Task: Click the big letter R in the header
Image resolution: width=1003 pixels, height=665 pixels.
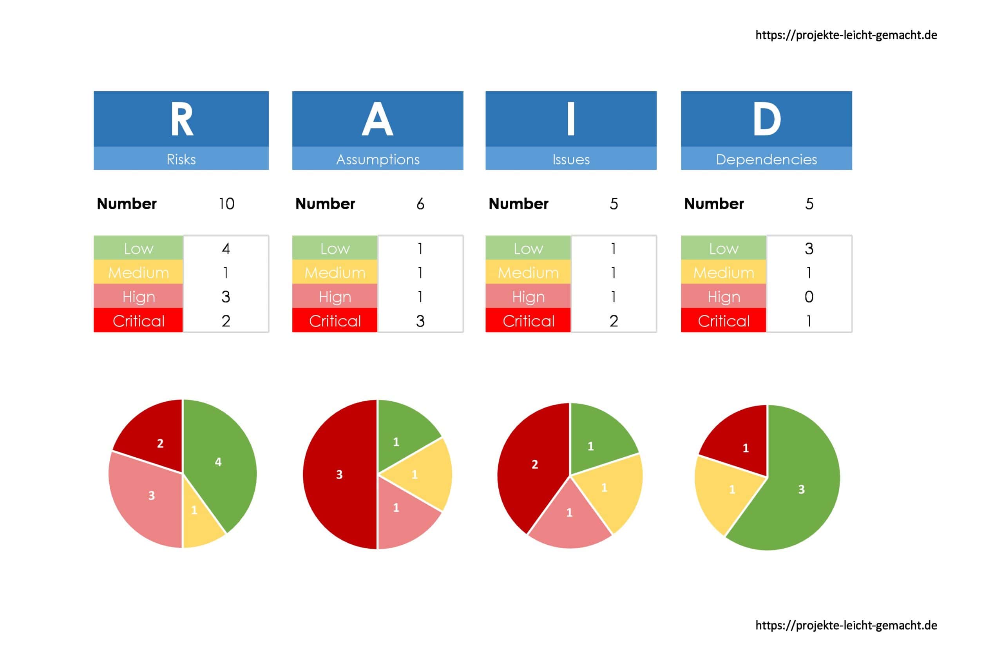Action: click(x=182, y=120)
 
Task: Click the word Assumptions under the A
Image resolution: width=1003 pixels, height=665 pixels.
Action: click(x=378, y=159)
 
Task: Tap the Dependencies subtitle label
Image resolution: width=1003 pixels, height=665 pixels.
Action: click(x=766, y=159)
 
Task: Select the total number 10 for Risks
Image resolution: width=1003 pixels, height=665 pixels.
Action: click(x=226, y=204)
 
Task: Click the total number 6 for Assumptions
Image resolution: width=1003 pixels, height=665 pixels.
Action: click(x=420, y=204)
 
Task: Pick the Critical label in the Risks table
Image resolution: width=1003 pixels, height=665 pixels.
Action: click(x=139, y=321)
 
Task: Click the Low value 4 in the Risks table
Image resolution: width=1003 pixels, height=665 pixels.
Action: click(x=226, y=248)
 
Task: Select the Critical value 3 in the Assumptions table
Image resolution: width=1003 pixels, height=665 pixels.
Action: click(x=420, y=321)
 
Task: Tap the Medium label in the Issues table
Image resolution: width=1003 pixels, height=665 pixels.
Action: click(x=528, y=273)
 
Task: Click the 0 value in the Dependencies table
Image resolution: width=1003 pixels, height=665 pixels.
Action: click(x=809, y=297)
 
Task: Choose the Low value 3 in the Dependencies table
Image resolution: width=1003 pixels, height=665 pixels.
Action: click(x=809, y=248)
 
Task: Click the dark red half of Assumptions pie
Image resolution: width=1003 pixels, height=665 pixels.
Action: click(x=339, y=474)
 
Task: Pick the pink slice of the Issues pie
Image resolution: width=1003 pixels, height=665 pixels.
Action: click(x=569, y=517)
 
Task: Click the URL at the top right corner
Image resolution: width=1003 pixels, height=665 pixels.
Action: click(x=846, y=35)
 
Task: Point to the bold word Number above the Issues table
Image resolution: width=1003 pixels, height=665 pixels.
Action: click(x=518, y=204)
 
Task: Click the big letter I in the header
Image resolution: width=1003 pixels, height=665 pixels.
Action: click(x=570, y=120)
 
